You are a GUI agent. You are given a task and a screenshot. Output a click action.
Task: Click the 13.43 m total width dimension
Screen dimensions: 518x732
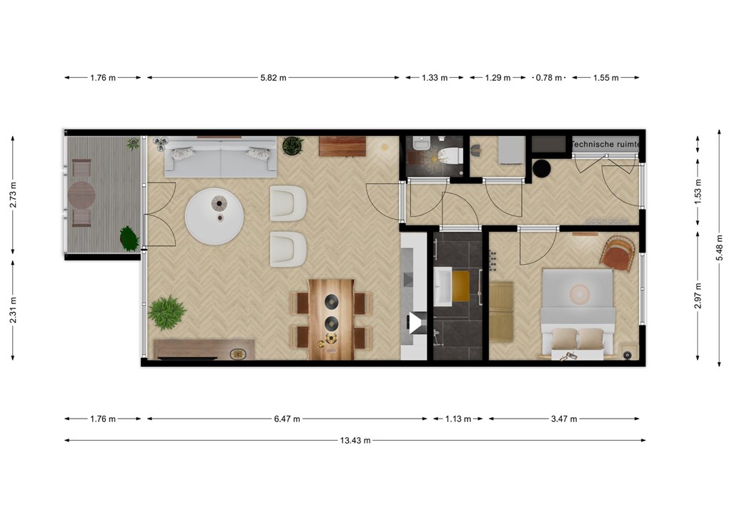355,441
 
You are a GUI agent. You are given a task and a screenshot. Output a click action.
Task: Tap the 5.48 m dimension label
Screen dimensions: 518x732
720,248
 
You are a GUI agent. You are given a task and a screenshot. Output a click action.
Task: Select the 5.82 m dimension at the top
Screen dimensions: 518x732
273,78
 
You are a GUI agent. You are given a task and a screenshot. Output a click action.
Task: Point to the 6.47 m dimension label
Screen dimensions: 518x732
287,419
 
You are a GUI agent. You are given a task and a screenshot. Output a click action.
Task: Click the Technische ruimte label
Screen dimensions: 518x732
606,145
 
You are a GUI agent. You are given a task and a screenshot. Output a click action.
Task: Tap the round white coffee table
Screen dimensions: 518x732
214,215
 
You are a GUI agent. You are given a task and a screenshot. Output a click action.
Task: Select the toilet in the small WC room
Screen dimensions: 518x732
450,153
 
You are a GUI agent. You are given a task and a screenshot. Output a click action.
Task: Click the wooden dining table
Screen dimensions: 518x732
331,318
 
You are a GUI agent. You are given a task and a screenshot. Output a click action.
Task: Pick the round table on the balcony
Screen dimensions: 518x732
81,194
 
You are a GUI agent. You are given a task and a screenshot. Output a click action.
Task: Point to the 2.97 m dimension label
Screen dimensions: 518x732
698,297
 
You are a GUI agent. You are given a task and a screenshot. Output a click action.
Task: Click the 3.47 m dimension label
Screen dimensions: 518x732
564,419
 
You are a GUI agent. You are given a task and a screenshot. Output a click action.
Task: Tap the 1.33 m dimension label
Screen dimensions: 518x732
435,78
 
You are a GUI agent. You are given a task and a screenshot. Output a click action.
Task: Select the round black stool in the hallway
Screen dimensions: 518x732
542,169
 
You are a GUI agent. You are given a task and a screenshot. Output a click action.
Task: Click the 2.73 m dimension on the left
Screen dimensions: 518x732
13,194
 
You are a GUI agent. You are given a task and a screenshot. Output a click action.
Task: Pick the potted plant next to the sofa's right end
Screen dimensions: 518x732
292,146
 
